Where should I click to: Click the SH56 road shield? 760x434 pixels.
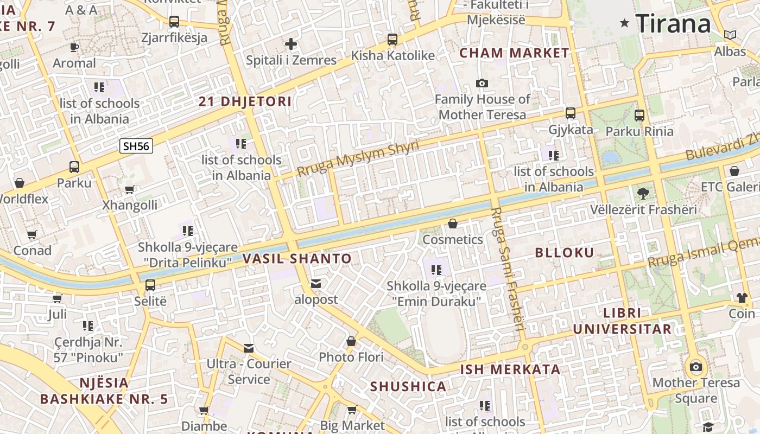pyautogui.click(x=136, y=146)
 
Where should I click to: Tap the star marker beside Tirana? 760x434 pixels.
pyautogui.click(x=625, y=23)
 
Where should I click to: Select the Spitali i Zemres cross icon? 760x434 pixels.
pyautogui.click(x=291, y=44)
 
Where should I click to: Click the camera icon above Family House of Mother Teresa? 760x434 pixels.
pyautogui.click(x=482, y=83)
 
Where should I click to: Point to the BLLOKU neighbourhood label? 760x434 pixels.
pyautogui.click(x=565, y=253)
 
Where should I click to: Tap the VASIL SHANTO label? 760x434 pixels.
pyautogui.click(x=297, y=259)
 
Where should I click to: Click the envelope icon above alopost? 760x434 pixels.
pyautogui.click(x=316, y=283)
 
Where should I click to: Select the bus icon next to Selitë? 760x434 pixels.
pyautogui.click(x=150, y=285)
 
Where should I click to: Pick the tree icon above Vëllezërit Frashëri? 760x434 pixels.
pyautogui.click(x=643, y=193)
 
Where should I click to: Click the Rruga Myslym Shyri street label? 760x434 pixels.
pyautogui.click(x=358, y=159)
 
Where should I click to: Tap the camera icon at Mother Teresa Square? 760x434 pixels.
pyautogui.click(x=695, y=367)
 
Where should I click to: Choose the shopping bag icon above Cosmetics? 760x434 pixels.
pyautogui.click(x=453, y=224)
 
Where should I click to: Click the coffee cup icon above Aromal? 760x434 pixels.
pyautogui.click(x=74, y=47)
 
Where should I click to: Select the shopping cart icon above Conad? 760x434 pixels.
pyautogui.click(x=32, y=235)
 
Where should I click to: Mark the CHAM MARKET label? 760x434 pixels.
pyautogui.click(x=514, y=53)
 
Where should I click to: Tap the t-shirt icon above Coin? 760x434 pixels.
pyautogui.click(x=742, y=297)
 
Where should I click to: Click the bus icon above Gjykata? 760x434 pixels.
pyautogui.click(x=570, y=113)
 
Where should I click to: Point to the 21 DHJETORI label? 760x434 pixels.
pyautogui.click(x=245, y=101)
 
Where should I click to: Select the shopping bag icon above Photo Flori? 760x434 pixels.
pyautogui.click(x=351, y=341)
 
